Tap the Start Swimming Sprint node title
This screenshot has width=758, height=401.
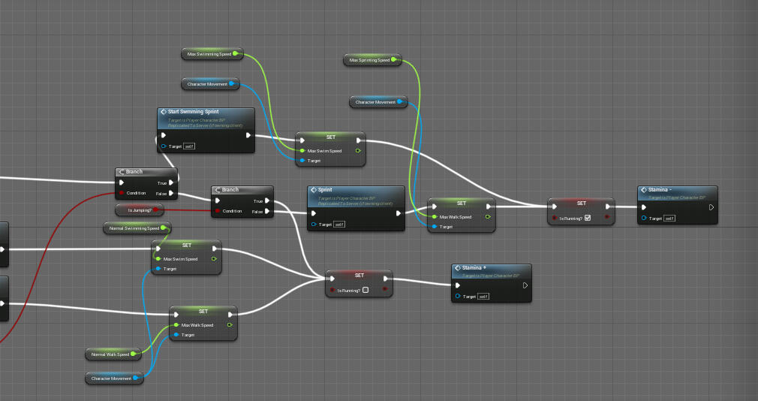[x=193, y=112]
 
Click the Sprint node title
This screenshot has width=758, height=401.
[x=325, y=191]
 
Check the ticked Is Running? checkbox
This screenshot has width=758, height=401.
[x=588, y=218]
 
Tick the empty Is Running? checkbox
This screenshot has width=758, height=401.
[x=365, y=290]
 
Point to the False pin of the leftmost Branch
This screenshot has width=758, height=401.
[x=172, y=193]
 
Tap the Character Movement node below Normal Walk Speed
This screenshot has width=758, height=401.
[x=113, y=378]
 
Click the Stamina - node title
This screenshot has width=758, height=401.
[x=660, y=190]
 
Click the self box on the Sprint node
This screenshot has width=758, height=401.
[x=338, y=225]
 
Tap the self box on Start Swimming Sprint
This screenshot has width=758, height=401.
[x=189, y=146]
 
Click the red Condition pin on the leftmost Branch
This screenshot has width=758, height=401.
[x=122, y=193]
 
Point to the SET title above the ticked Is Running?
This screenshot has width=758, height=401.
[x=581, y=203]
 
